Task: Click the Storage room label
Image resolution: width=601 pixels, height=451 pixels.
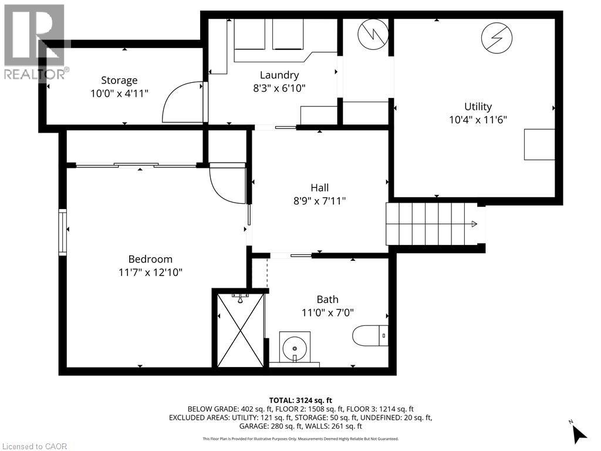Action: tap(119, 80)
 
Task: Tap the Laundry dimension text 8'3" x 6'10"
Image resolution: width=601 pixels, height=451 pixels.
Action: tap(279, 87)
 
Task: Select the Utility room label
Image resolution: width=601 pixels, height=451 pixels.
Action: tap(478, 106)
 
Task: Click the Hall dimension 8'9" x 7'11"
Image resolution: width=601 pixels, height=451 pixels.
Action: tap(319, 201)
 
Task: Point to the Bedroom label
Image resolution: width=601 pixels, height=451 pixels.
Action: tap(150, 259)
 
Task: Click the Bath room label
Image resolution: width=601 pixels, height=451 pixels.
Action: tap(327, 299)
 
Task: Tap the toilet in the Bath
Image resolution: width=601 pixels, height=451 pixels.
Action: tap(370, 336)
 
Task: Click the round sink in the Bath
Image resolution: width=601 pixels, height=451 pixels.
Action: tap(292, 346)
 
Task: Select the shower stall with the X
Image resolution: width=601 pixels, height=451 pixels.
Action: tap(241, 331)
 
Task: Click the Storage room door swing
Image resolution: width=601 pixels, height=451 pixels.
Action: tap(182, 102)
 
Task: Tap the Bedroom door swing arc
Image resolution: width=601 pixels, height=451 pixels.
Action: tap(226, 184)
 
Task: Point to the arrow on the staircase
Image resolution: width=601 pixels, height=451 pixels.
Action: tap(474, 224)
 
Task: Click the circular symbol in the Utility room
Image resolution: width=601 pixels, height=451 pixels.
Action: tap(493, 38)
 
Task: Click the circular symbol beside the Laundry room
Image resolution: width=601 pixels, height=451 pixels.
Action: tap(370, 34)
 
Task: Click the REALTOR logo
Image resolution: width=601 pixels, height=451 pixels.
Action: tap(35, 41)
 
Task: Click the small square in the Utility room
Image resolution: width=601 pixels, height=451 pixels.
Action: tap(539, 144)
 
